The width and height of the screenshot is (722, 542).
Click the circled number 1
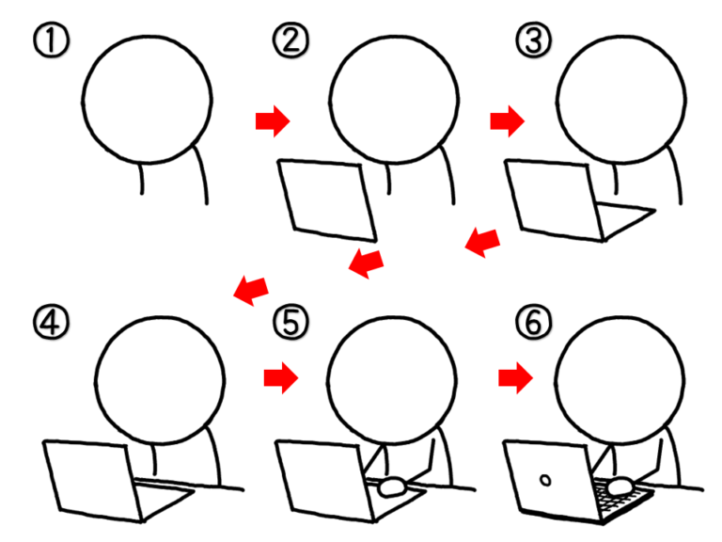pos(51,40)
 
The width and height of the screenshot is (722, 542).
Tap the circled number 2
pos(290,40)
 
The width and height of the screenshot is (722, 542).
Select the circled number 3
pos(533,40)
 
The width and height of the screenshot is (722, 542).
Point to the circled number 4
pos(51,322)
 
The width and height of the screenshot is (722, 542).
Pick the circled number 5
pos(290,322)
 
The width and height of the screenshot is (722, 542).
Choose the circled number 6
pos(533,322)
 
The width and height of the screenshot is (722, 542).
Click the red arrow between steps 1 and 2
pos(273,121)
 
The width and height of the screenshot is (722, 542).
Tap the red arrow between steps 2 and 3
pos(508,121)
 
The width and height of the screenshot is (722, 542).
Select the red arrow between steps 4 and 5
pos(281,378)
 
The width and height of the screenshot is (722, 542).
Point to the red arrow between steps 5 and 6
pos(516,378)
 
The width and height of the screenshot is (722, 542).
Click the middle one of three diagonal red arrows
pos(366,263)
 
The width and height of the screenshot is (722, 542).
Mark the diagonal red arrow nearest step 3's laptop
pos(482,243)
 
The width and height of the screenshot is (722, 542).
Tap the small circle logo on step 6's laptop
pos(545,481)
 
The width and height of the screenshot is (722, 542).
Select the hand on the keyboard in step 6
pos(620,486)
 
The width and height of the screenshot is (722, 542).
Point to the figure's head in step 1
pos(147,99)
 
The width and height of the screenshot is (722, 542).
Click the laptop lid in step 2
pos(327,200)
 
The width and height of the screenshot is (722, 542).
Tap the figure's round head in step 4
pos(160,380)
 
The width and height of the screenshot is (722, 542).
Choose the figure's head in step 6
pos(620,380)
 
